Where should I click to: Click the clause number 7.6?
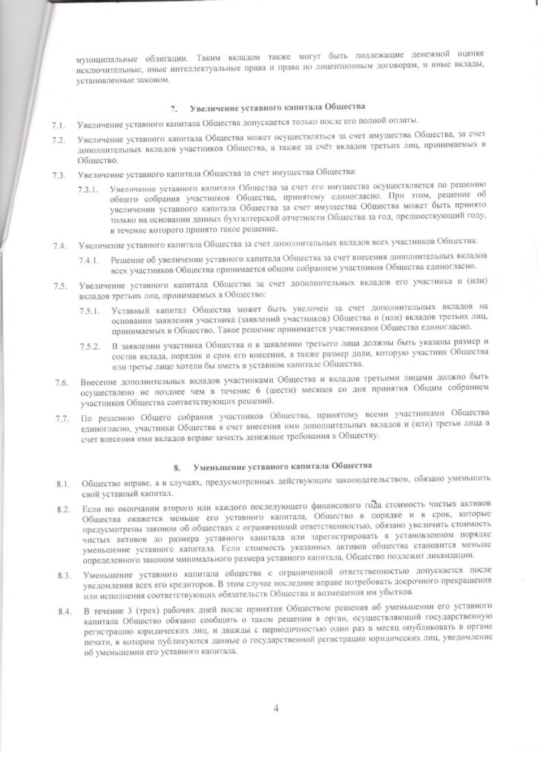pyautogui.click(x=61, y=383)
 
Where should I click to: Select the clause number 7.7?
pyautogui.click(x=62, y=420)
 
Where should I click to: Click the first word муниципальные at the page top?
pyautogui.click(x=107, y=58)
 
